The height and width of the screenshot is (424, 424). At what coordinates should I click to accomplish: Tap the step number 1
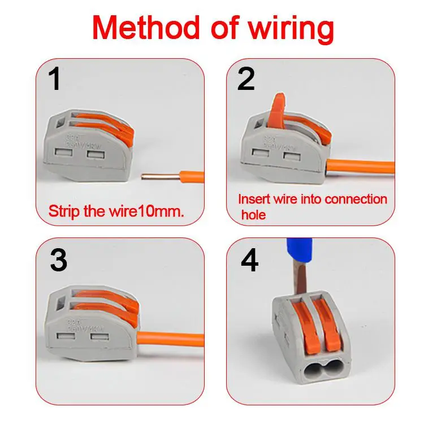(x=54, y=80)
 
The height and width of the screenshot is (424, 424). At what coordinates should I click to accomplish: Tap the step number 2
(x=246, y=80)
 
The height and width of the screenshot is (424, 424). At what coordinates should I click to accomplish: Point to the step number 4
(x=249, y=261)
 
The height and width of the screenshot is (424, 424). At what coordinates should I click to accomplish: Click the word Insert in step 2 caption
(x=253, y=200)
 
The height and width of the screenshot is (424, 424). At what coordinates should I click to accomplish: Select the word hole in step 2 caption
(x=253, y=215)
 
